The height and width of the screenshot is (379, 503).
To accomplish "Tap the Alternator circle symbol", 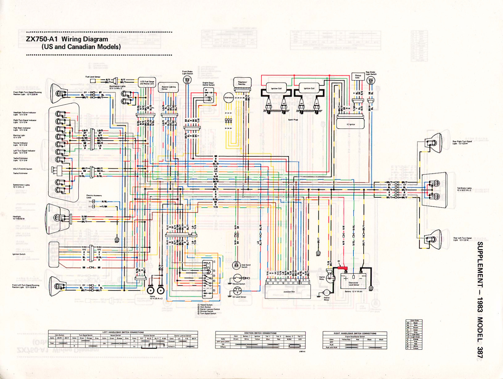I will click(229, 98).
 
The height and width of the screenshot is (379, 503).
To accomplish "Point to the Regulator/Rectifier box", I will click(242, 83).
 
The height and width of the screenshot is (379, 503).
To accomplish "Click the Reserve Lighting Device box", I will click(169, 87).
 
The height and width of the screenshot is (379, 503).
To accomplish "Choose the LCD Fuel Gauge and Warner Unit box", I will click(147, 82).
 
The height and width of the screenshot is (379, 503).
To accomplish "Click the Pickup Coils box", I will click(358, 76).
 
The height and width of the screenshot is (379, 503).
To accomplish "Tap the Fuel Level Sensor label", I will click(93, 77).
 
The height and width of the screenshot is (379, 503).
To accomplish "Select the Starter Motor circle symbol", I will click(327, 293).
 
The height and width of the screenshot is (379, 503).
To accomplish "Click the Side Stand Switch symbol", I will click(236, 265).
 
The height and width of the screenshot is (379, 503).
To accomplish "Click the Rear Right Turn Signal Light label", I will click(462, 142).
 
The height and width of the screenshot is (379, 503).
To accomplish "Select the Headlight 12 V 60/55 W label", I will click(19, 218).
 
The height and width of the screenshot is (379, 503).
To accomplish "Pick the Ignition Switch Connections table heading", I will click(260, 333).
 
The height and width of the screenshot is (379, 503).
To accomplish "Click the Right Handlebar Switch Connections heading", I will click(355, 333).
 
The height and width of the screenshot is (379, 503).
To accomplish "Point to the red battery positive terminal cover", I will click(342, 268).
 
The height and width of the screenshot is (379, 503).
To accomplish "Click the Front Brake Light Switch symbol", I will click(187, 81).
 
